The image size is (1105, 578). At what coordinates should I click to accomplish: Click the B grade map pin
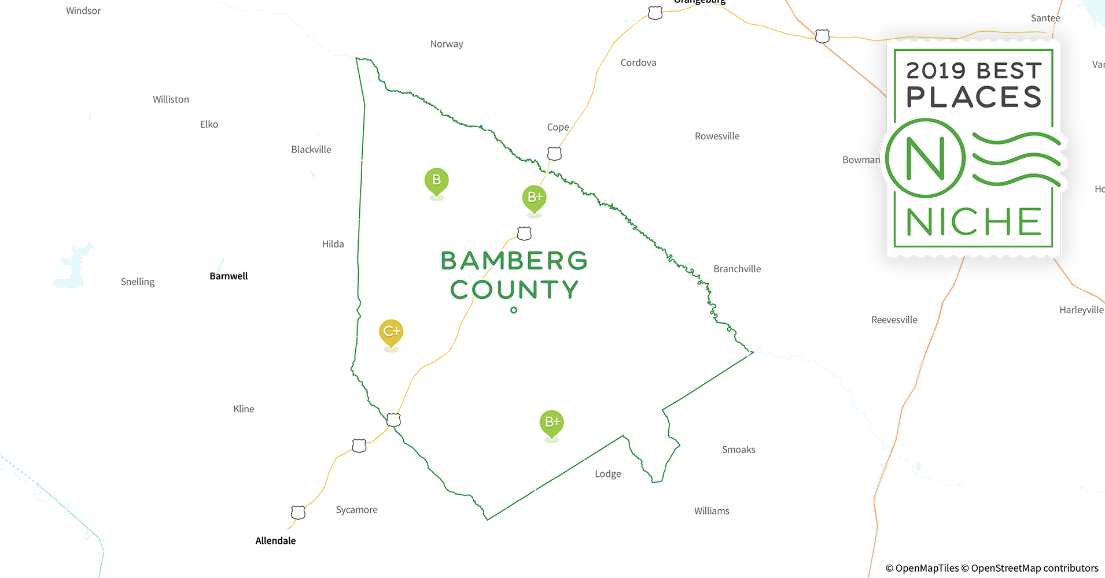[x=437, y=180]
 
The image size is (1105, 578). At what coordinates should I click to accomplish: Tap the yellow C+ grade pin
[x=391, y=332]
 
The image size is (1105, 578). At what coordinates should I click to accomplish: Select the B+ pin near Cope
[x=535, y=198]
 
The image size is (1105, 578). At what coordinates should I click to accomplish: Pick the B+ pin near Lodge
[x=552, y=423]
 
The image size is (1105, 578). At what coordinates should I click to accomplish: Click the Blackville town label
[x=311, y=150]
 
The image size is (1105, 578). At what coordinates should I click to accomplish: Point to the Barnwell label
[x=229, y=276]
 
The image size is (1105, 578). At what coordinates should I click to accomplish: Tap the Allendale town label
[x=275, y=541]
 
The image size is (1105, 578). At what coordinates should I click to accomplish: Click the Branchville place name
[x=737, y=269]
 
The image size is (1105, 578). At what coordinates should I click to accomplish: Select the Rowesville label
[x=717, y=136]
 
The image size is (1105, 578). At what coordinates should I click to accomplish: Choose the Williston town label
[x=171, y=99]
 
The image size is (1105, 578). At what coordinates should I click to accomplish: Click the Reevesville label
[x=894, y=320]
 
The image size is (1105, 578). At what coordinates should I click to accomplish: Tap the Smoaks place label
[x=738, y=450]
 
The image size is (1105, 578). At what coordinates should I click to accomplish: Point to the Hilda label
[x=333, y=244]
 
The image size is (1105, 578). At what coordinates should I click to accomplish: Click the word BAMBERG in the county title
[x=514, y=261]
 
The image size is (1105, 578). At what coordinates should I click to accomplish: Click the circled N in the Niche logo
[x=925, y=158]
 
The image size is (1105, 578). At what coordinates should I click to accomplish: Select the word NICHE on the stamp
[x=974, y=222]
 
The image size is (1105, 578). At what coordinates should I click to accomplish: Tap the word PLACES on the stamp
[x=974, y=97]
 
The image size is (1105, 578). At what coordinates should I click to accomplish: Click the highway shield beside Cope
[x=554, y=154]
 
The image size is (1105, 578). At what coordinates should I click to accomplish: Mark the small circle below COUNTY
[x=514, y=310]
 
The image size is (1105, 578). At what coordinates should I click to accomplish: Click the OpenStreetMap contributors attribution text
[x=1034, y=568]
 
